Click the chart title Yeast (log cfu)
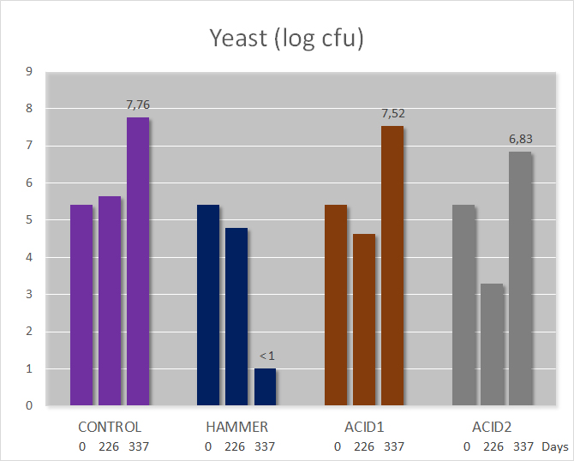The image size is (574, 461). coord(286,38)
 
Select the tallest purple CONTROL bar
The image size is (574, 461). coord(138,261)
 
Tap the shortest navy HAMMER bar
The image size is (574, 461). coord(265,386)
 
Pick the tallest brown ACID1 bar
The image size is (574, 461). coord(392,266)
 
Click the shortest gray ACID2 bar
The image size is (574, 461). coord(492,344)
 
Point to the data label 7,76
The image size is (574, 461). coord(138,105)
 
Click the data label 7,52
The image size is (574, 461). coord(393,113)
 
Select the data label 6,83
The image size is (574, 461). coord(521,139)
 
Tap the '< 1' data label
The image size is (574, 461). coord(266,356)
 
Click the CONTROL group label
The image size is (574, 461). coord(110,427)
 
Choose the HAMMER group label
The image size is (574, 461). coord(236,427)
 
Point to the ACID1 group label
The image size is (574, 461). coord(364,427)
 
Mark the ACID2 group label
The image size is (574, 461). coord(492,427)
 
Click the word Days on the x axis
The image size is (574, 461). coord(555,447)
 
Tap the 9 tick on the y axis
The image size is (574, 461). coord(29,71)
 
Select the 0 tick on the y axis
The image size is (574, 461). coord(29,405)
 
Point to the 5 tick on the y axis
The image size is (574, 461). coord(29,219)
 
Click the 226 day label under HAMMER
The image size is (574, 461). coord(235,446)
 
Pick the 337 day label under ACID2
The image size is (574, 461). coord(523,446)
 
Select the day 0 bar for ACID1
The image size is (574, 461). coord(336,305)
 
